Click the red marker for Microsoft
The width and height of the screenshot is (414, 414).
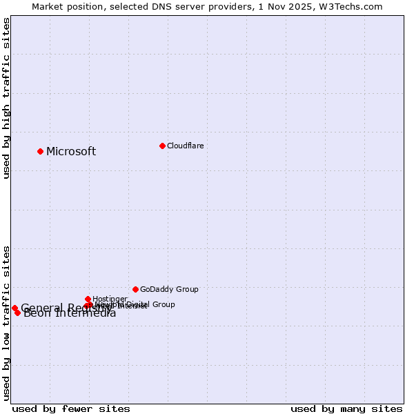click(40, 151)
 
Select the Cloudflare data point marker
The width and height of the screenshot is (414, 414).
click(162, 146)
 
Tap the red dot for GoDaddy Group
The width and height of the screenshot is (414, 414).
click(135, 289)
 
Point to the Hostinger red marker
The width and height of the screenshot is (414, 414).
click(88, 299)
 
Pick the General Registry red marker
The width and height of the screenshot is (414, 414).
click(14, 308)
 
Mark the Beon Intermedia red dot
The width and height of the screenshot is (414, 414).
click(17, 313)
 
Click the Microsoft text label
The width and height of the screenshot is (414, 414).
click(71, 152)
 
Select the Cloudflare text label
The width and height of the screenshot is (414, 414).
click(185, 146)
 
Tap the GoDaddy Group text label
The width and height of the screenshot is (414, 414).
click(169, 289)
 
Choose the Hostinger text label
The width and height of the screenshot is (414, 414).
click(110, 299)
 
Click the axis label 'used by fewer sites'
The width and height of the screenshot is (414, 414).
click(71, 408)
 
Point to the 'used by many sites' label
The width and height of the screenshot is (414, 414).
click(346, 408)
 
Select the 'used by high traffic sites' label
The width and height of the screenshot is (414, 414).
click(6, 98)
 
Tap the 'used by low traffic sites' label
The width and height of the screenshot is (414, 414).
click(6, 323)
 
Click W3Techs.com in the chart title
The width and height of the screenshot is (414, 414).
click(355, 6)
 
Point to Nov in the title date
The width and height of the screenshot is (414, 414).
click(285, 6)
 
